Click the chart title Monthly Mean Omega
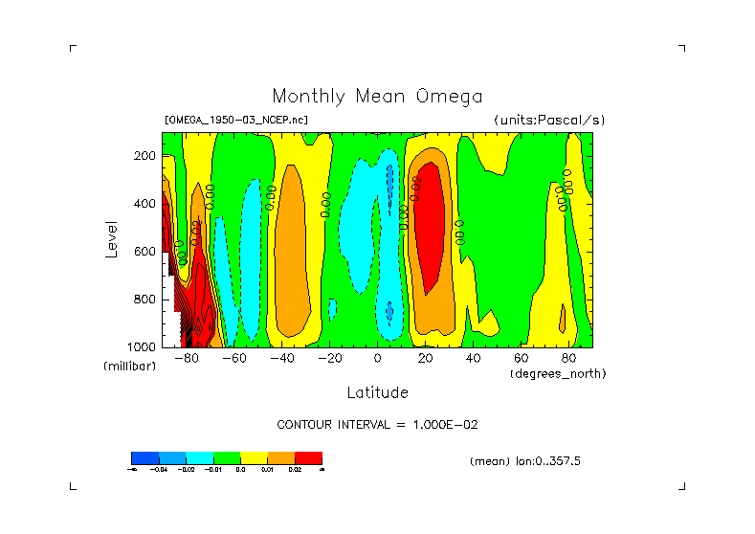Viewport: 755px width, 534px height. click(377, 97)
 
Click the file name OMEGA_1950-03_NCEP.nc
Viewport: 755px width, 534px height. click(236, 121)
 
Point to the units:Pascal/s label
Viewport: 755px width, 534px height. click(549, 121)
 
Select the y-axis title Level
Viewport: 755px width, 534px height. click(112, 238)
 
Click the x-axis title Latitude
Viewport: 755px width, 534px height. click(377, 392)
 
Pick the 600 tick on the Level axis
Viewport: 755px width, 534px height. click(146, 252)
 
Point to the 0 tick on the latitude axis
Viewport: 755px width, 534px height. click(377, 359)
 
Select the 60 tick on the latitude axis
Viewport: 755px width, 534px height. click(521, 359)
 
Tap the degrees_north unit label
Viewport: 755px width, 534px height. click(558, 373)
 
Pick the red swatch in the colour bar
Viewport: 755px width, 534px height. click(308, 457)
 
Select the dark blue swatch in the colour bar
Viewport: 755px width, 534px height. click(144, 457)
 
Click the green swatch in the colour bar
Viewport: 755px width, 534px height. click(226, 457)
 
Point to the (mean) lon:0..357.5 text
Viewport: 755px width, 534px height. click(525, 461)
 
